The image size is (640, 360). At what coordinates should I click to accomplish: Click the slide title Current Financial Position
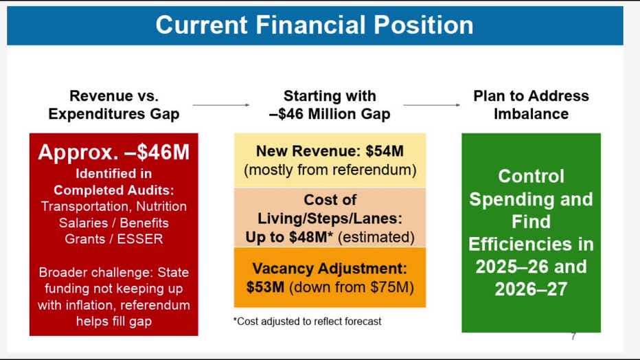[x=315, y=25]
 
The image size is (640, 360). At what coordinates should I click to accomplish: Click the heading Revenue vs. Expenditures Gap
[x=114, y=105]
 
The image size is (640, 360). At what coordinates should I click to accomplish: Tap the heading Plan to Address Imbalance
[x=531, y=105]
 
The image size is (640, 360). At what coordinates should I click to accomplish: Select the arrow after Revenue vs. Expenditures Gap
[x=221, y=105]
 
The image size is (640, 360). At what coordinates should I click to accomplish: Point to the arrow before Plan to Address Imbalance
[x=431, y=105]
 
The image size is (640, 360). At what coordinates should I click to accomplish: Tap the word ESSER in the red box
[x=140, y=239]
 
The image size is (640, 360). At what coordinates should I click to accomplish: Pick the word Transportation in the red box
[x=86, y=207]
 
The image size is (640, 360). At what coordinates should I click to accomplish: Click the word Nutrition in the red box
[x=161, y=206]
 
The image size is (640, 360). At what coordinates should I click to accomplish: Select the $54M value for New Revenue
[x=385, y=151]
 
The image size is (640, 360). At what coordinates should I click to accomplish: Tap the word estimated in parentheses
[x=376, y=237]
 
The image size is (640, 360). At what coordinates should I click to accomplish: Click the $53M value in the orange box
[x=265, y=287]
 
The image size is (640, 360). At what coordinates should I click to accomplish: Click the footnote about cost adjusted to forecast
[x=308, y=322]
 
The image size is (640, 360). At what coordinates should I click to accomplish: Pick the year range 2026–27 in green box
[x=531, y=289]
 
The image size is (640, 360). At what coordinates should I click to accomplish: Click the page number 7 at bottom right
[x=573, y=336]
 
